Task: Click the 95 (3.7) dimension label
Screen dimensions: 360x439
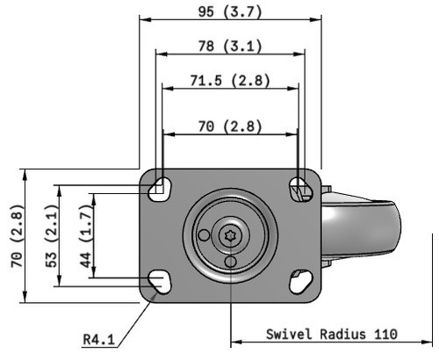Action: click(x=229, y=11)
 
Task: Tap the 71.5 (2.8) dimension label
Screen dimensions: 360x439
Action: click(x=229, y=81)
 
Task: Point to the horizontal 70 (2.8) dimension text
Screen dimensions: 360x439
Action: click(x=229, y=126)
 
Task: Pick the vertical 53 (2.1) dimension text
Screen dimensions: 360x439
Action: click(x=51, y=235)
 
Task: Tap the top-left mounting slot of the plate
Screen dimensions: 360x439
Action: click(x=161, y=187)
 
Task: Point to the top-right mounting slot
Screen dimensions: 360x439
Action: click(x=300, y=186)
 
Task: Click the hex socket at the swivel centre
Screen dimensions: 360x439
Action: click(x=231, y=234)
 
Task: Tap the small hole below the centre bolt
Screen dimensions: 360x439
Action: click(x=231, y=261)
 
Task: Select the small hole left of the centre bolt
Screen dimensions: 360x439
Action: click(x=205, y=234)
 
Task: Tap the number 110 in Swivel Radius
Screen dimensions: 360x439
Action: click(x=384, y=334)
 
